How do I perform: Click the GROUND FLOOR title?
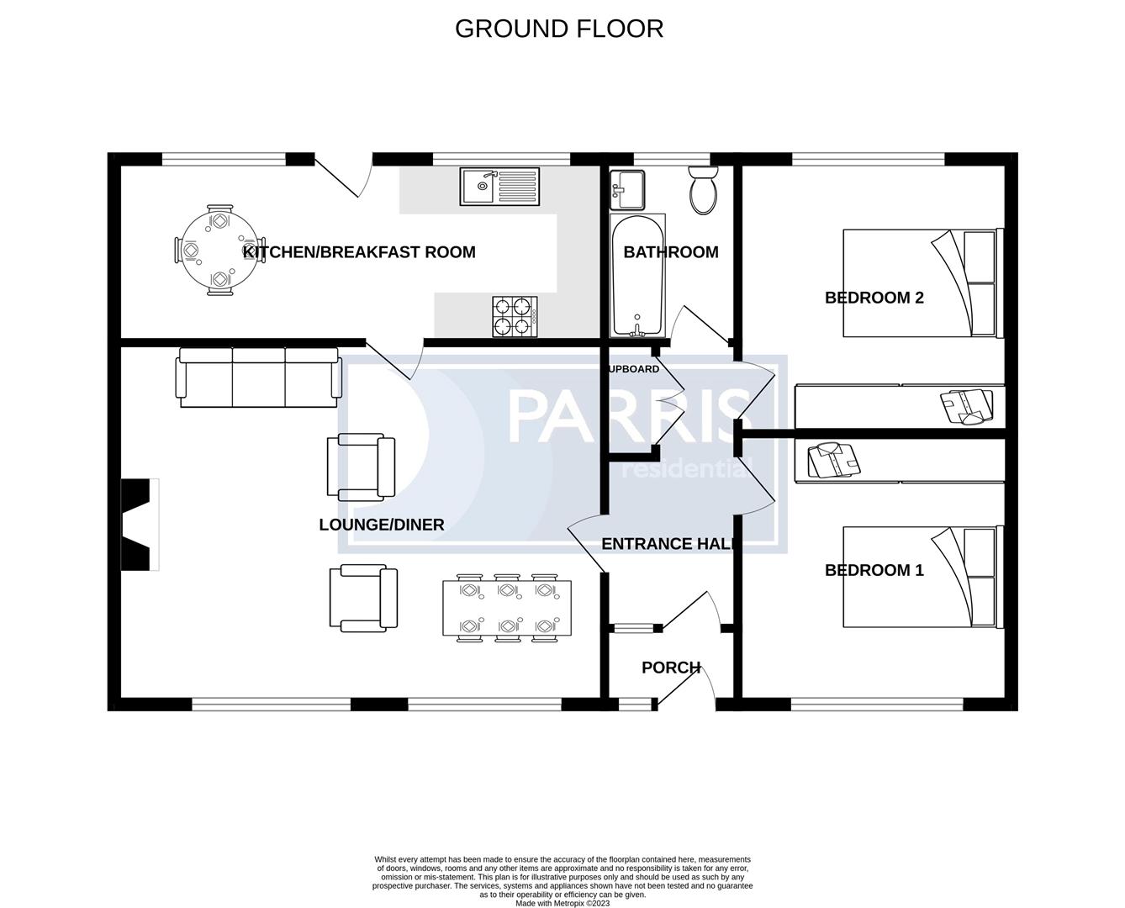pyautogui.click(x=559, y=29)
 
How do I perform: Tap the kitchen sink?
pyautogui.click(x=499, y=187)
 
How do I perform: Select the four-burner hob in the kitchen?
pyautogui.click(x=515, y=317)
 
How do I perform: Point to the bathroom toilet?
pyautogui.click(x=703, y=190)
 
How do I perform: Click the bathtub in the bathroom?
pyautogui.click(x=637, y=276)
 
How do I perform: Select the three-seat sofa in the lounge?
pyautogui.click(x=258, y=377)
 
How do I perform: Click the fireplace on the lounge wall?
pyautogui.click(x=139, y=525)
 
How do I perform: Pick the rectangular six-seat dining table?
pyautogui.click(x=507, y=609)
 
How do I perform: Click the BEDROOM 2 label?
pyautogui.click(x=874, y=298)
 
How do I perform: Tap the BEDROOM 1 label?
pyautogui.click(x=874, y=570)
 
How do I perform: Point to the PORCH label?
pyautogui.click(x=670, y=668)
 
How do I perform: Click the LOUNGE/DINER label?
pyautogui.click(x=381, y=525)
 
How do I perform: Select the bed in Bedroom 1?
pyautogui.click(x=922, y=577)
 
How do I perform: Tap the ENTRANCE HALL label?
pyautogui.click(x=669, y=544)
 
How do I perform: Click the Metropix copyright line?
pyautogui.click(x=562, y=904)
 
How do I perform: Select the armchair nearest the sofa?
pyautogui.click(x=361, y=467)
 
